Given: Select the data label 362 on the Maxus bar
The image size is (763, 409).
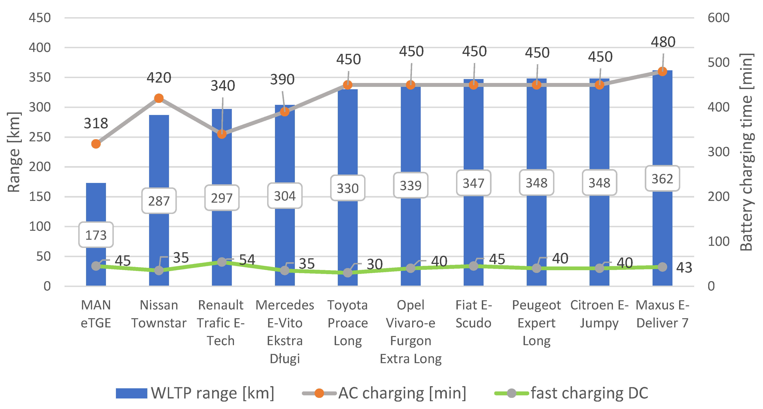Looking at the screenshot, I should [662, 179].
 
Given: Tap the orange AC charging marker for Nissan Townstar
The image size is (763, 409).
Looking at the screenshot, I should [159, 98].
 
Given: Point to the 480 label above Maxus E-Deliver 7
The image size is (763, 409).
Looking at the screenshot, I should [663, 42].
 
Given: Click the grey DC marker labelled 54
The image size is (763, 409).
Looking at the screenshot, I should [222, 262].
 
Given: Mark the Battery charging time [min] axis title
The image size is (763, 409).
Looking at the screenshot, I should [746, 152].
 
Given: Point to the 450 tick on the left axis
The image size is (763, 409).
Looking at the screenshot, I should [40, 18].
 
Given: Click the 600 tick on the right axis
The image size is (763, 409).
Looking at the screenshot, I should [718, 18].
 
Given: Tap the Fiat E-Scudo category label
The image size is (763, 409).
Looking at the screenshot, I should [473, 314].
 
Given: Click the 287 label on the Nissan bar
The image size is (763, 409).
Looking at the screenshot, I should [159, 201].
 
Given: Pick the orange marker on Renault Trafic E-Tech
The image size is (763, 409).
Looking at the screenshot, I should [222, 134].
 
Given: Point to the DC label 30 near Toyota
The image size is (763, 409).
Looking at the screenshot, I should [374, 264].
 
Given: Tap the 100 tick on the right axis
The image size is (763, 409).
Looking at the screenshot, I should [718, 241].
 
